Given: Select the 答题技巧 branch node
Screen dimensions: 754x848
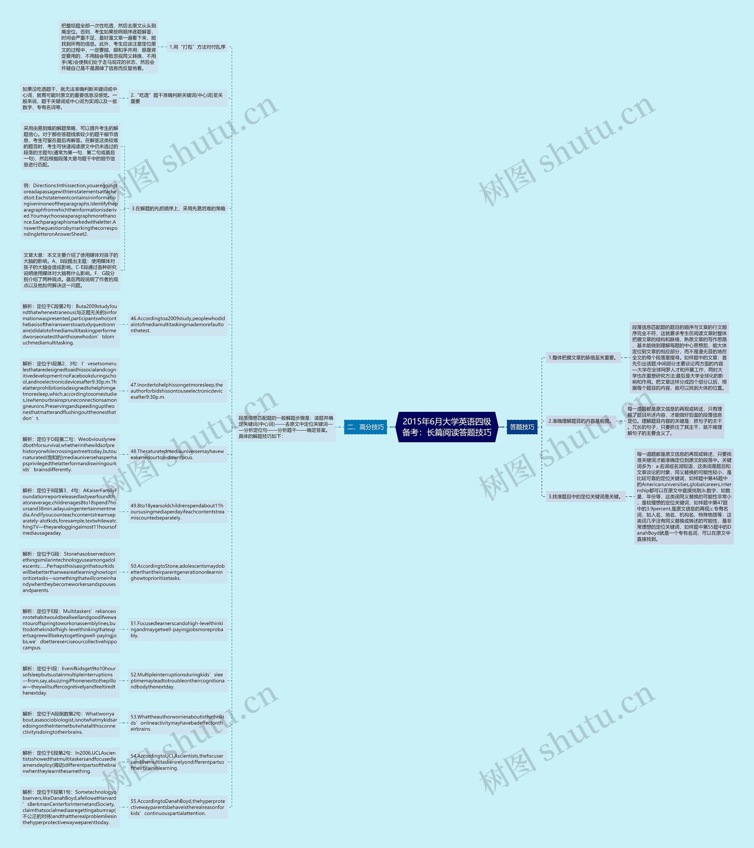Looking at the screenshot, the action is click(522, 427).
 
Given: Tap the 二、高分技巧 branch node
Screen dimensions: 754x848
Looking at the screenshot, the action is click(366, 427).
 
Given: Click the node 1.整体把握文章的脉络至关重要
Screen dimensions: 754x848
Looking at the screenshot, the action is click(583, 358).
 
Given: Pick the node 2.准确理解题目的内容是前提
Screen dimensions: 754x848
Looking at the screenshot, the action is click(580, 421).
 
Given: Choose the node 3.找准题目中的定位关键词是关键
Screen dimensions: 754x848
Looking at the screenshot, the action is click(585, 496).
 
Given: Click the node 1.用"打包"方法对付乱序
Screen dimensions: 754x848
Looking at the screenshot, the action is click(197, 47).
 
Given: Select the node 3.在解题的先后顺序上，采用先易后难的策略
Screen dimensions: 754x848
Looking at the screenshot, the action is click(178, 208).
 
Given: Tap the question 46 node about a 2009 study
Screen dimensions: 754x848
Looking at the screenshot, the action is click(177, 324).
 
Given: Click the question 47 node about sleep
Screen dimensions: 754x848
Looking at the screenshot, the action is click(177, 391).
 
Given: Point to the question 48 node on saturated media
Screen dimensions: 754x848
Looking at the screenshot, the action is click(177, 454).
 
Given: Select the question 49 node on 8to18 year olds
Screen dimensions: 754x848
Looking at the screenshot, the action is click(177, 512).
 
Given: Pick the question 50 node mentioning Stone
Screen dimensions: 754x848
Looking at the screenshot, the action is click(177, 572).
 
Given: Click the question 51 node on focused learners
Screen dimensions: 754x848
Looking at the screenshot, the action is click(177, 629).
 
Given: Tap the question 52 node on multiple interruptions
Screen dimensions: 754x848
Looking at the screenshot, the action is click(177, 681).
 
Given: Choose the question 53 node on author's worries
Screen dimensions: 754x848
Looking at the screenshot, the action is click(177, 723).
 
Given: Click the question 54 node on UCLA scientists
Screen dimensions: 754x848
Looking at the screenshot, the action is click(177, 762).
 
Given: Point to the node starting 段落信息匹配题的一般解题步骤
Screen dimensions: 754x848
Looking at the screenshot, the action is click(286, 427).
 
